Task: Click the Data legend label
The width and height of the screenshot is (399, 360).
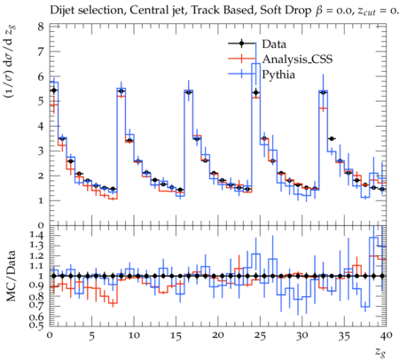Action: (274, 44)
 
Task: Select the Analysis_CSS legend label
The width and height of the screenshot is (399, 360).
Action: (297, 59)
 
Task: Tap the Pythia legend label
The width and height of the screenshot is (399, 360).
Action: (278, 74)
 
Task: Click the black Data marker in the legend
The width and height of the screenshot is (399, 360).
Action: (241, 43)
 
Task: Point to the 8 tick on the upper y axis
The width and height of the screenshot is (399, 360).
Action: (41, 27)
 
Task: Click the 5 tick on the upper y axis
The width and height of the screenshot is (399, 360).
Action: (41, 101)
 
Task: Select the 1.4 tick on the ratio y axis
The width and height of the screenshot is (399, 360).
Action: (36, 236)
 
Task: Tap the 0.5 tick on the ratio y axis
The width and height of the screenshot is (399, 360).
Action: (36, 325)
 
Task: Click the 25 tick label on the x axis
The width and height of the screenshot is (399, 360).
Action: (260, 335)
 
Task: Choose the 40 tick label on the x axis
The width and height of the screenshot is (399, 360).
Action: (387, 335)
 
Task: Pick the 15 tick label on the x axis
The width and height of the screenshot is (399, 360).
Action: (176, 335)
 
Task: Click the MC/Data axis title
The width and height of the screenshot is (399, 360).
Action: (11, 276)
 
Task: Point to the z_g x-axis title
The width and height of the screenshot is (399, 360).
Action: (380, 352)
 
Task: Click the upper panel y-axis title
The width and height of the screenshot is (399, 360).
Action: (11, 61)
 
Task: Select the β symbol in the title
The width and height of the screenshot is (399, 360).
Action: (318, 12)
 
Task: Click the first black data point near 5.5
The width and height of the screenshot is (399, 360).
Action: (54, 90)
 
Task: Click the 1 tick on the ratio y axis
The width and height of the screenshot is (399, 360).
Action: (41, 276)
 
